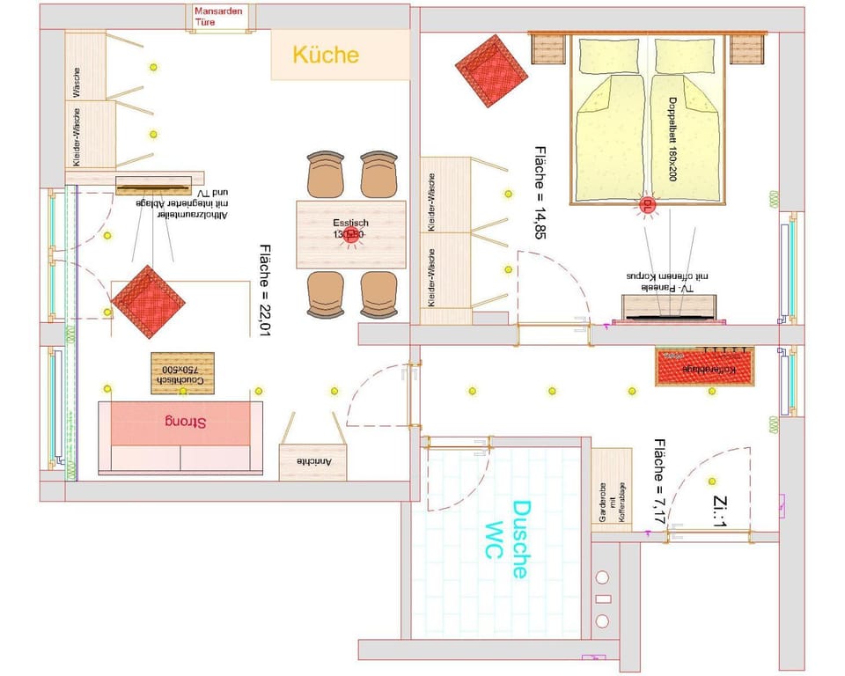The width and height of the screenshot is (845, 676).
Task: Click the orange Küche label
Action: (326, 55)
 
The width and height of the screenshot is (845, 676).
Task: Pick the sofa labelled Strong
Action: (180, 422)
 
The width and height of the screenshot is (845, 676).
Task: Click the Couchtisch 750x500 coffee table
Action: (182, 372)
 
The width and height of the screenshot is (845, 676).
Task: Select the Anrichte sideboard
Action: (312, 460)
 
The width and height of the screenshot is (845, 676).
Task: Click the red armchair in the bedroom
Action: (491, 70)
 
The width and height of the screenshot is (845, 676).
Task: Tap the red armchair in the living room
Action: (148, 300)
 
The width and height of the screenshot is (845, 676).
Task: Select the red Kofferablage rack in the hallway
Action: (705, 366)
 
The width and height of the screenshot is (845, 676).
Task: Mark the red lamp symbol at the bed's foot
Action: (647, 205)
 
